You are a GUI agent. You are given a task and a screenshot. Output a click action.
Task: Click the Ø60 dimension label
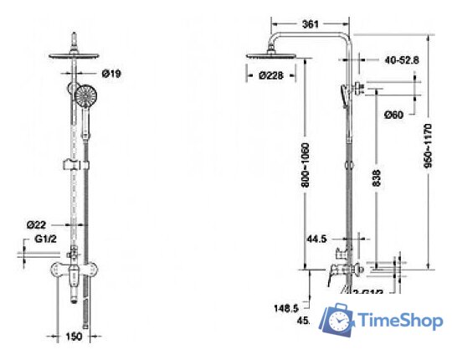pyautogui.click(x=394, y=114)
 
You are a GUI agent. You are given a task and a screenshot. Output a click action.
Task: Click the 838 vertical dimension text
pyautogui.click(x=378, y=177)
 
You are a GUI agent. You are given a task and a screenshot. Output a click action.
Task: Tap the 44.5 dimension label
pyautogui.click(x=316, y=239)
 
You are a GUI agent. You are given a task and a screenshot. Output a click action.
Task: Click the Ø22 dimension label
pyautogui.click(x=35, y=224)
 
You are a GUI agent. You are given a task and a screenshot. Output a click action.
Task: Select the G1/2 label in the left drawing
pyautogui.click(x=45, y=239)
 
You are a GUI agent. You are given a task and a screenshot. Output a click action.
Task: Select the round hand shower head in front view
pyautogui.click(x=82, y=97)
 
